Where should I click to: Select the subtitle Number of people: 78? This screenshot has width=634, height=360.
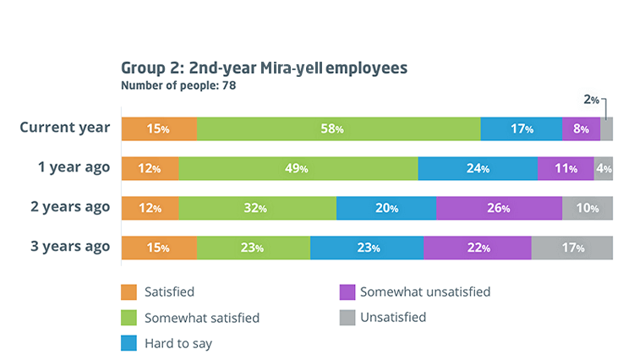[x=178, y=85]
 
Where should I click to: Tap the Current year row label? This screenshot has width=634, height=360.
[x=65, y=128]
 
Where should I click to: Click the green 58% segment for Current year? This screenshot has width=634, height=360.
[x=338, y=129]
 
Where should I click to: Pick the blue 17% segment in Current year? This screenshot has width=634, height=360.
[x=522, y=129]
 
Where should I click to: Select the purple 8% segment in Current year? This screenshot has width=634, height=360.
[x=581, y=129]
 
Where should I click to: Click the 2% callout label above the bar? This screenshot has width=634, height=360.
[x=591, y=100]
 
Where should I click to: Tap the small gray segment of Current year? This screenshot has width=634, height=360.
[x=606, y=129]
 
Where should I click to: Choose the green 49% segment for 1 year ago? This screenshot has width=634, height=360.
[x=298, y=168]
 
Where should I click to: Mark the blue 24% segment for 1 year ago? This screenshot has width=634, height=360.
[x=478, y=168]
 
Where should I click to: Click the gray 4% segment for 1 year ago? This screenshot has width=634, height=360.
[x=604, y=168]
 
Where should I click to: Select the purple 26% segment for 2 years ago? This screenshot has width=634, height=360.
[x=499, y=208]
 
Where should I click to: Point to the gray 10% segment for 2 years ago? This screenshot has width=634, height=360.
[x=588, y=208]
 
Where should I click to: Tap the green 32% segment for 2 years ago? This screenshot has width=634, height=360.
[x=257, y=208]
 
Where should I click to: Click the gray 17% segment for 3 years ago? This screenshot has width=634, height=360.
[x=571, y=248]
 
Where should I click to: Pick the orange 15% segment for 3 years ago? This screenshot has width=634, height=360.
[x=159, y=248]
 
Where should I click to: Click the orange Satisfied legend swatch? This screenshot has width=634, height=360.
[x=128, y=292]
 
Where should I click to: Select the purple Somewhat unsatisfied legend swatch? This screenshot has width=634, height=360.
[x=345, y=292]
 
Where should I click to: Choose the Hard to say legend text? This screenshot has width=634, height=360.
[x=179, y=343]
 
